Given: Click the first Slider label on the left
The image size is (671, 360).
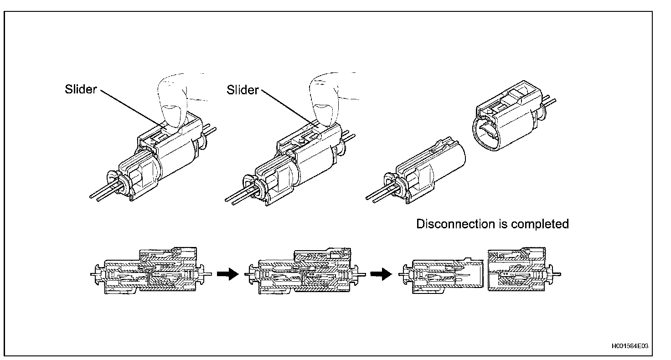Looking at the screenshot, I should point(80,89).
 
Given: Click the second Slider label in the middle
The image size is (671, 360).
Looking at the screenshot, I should point(243,90).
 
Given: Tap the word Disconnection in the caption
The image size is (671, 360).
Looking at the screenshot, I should point(453,224).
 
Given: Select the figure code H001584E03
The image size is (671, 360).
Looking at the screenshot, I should point(629,346).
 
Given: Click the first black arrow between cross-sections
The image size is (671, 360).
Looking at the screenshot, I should point(227,274).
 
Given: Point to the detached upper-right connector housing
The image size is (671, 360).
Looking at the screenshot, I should point(506,123).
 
